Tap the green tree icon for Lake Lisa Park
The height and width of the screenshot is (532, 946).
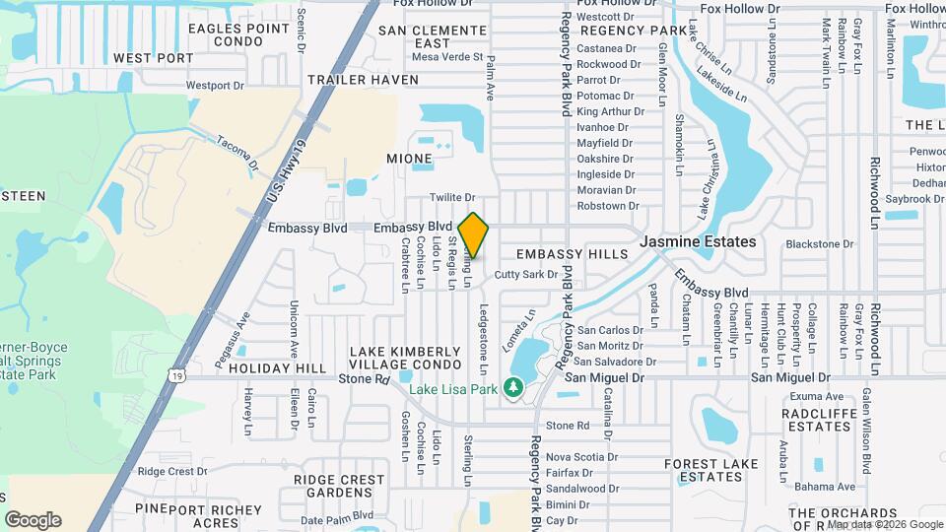pyautogui.click(x=512, y=389)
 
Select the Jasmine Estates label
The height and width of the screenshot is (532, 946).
pyautogui.click(x=699, y=241)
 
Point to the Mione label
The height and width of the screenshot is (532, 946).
pyautogui.click(x=409, y=159)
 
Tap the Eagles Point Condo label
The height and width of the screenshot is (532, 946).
pyautogui.click(x=238, y=34)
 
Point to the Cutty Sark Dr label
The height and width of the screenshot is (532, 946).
pyautogui.click(x=526, y=275)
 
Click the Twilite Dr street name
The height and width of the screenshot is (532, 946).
pyautogui.click(x=453, y=198)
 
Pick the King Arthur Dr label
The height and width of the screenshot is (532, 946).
pyautogui.click(x=610, y=111)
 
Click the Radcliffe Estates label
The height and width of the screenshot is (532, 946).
pyautogui.click(x=819, y=420)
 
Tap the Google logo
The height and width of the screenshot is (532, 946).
pyautogui.click(x=33, y=520)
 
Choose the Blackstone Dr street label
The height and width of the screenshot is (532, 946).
pyautogui.click(x=819, y=244)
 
